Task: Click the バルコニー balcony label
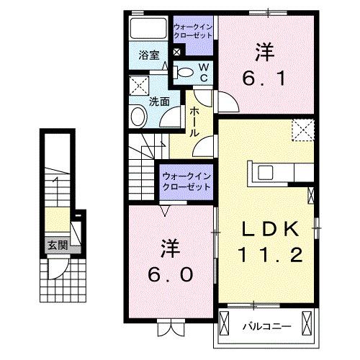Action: (x=266, y=325)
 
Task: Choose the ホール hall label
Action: (x=194, y=123)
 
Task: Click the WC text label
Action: (x=203, y=72)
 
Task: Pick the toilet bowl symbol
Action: (x=184, y=71)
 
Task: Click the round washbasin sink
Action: (x=138, y=117)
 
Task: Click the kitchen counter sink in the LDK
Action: (x=264, y=172)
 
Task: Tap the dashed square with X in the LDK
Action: (x=300, y=131)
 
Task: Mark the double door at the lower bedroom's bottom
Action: (x=170, y=328)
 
